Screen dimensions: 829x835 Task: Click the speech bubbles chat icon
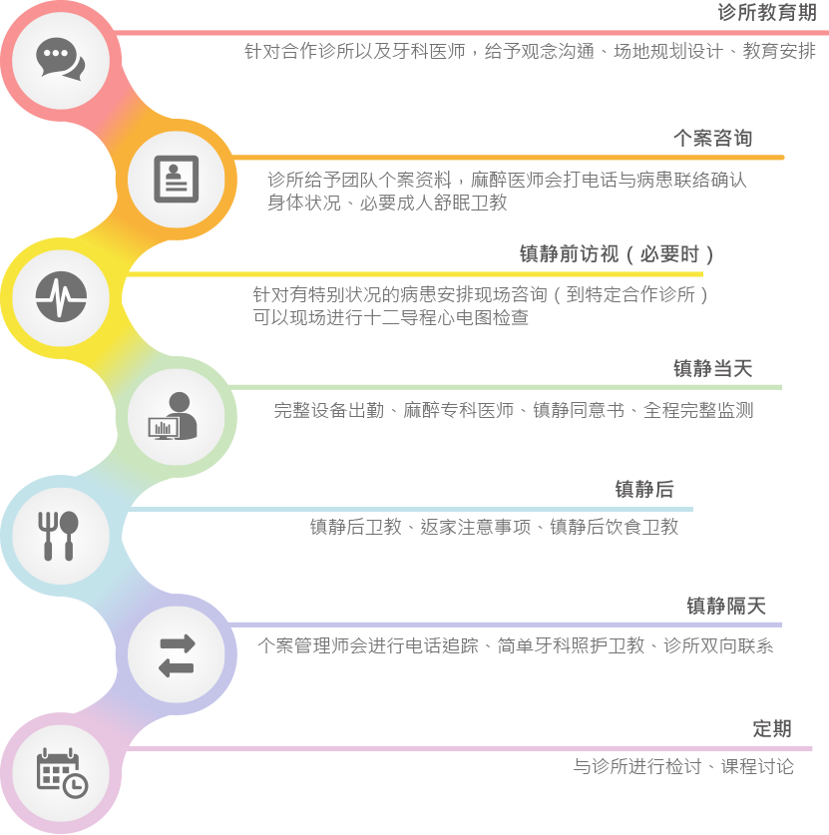pyautogui.click(x=60, y=59)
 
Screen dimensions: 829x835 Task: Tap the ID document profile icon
pyautogui.click(x=177, y=179)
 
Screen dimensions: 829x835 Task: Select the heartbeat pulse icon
pyautogui.click(x=61, y=296)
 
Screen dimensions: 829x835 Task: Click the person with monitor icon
pyautogui.click(x=173, y=416)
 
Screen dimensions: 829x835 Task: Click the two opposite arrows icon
pyautogui.click(x=177, y=655)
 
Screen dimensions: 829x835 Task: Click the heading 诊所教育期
pyautogui.click(x=767, y=12)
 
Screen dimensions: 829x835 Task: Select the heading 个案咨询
pyautogui.click(x=713, y=138)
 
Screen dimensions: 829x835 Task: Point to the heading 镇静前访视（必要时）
pyautogui.click(x=617, y=254)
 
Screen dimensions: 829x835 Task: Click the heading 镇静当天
pyautogui.click(x=713, y=368)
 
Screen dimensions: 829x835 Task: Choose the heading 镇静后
pyautogui.click(x=644, y=489)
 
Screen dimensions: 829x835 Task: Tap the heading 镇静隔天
pyautogui.click(x=726, y=606)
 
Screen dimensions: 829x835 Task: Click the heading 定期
pyautogui.click(x=772, y=728)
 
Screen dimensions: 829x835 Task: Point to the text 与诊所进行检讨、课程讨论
pyautogui.click(x=683, y=767)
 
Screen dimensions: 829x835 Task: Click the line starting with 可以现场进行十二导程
pyautogui.click(x=391, y=317)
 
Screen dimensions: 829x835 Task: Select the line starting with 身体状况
pyautogui.click(x=387, y=203)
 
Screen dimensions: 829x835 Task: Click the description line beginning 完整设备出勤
pyautogui.click(x=514, y=411)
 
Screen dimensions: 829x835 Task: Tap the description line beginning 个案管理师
pyautogui.click(x=516, y=646)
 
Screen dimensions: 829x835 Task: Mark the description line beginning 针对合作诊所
pyautogui.click(x=530, y=51)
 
